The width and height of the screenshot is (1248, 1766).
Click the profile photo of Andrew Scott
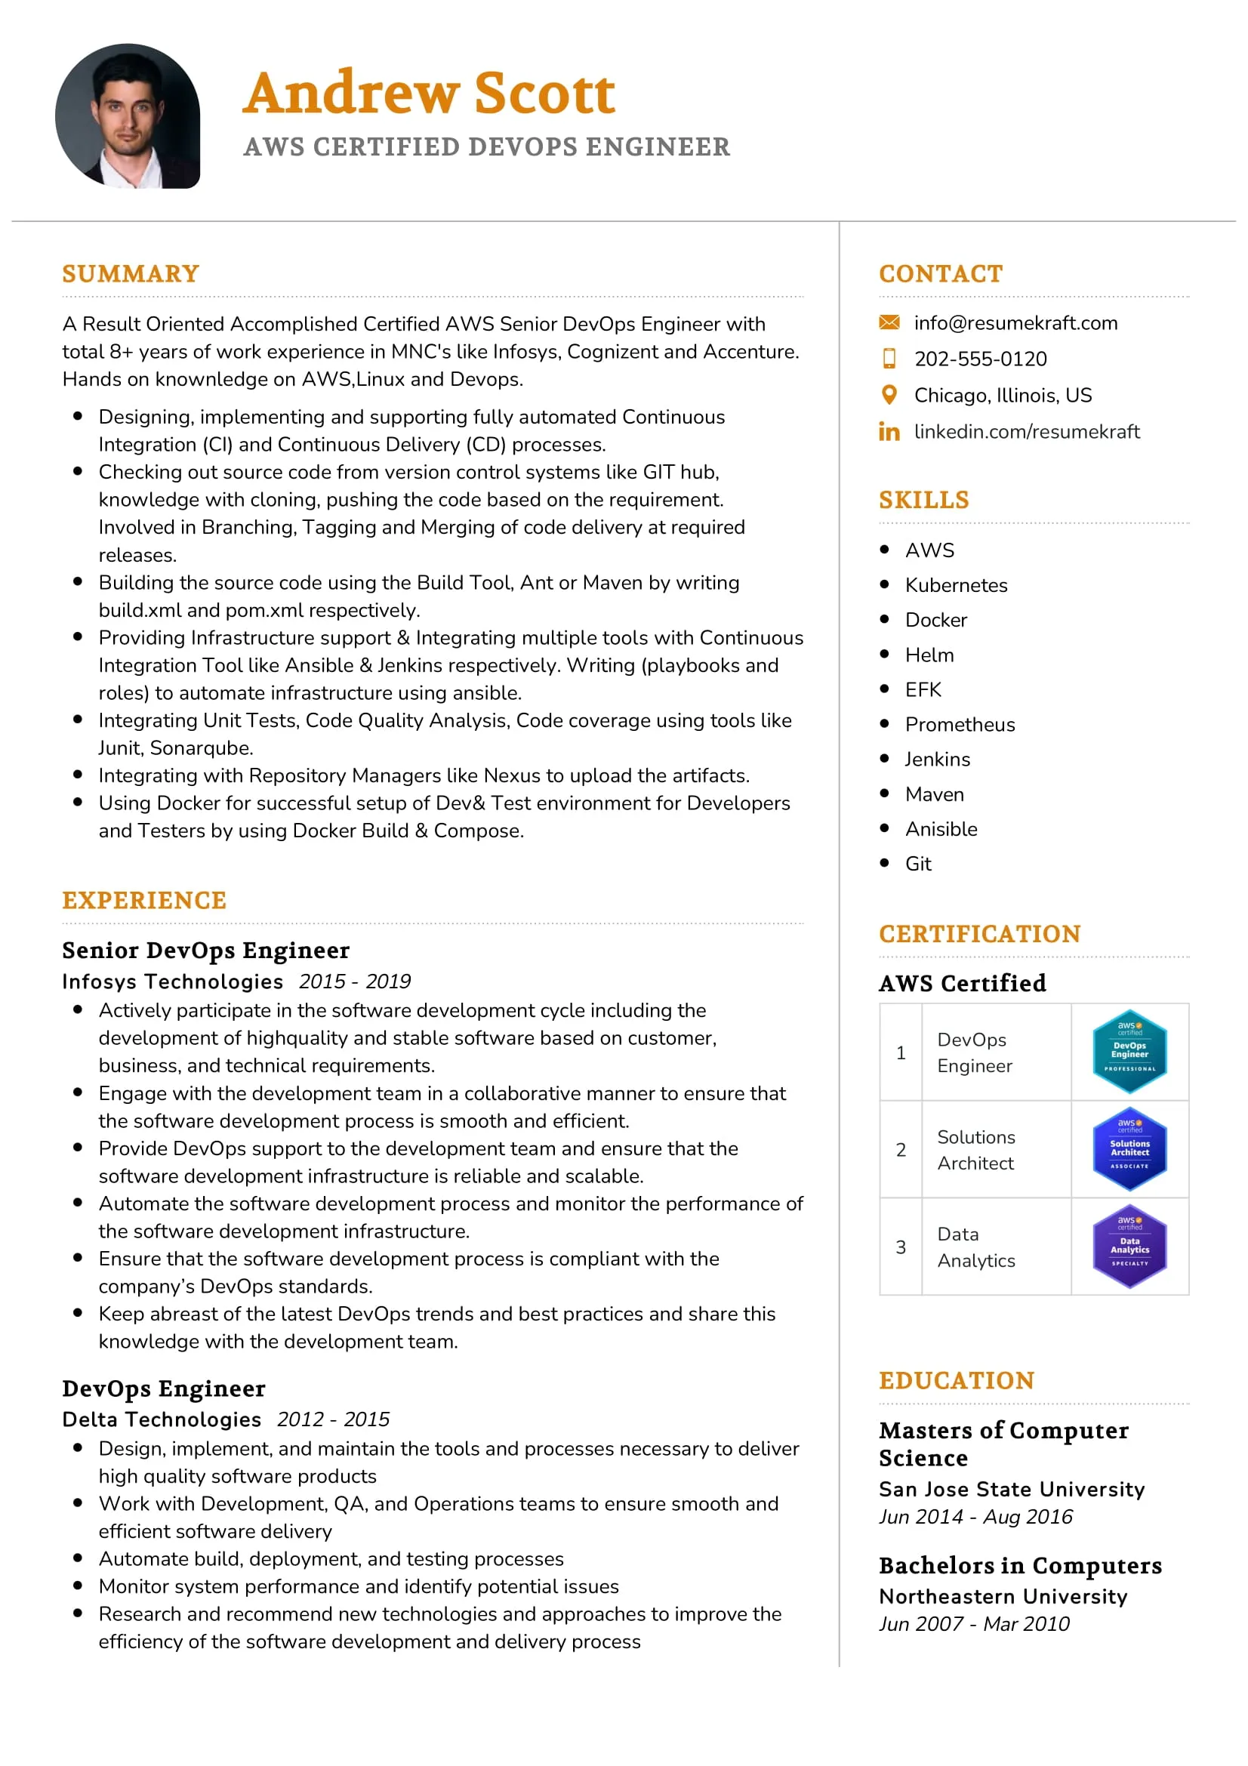128,116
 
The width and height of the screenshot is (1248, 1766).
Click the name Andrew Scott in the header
429,93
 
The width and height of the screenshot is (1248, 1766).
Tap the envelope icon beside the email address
889,322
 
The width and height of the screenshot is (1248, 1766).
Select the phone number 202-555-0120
981,359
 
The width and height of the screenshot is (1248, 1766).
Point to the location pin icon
889,396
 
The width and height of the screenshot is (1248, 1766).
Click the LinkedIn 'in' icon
889,432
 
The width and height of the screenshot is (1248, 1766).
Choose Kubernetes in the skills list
956,585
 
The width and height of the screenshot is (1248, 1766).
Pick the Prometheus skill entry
960,725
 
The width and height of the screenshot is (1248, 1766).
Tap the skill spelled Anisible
941,829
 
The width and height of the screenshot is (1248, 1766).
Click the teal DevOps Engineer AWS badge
1129,1052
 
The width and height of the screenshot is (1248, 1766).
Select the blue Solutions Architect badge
1129,1149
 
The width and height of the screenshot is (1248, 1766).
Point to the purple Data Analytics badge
1129,1246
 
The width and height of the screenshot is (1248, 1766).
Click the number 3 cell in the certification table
901,1247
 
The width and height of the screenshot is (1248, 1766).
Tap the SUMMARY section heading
131,274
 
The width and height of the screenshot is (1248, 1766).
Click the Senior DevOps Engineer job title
206,951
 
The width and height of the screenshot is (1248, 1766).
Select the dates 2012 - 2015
333,1419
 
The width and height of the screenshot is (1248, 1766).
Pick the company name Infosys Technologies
173,982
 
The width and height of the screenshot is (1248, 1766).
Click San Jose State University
1011,1489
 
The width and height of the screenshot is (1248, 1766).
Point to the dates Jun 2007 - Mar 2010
973,1624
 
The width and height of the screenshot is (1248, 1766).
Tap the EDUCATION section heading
957,1381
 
